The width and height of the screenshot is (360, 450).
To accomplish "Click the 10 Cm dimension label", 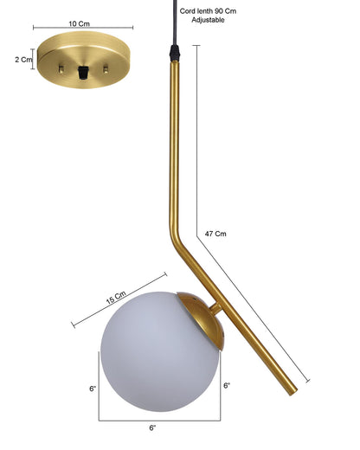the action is point(79,23).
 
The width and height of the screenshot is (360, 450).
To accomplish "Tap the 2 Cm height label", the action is point(23,60).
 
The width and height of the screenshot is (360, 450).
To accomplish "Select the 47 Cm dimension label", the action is point(215,234).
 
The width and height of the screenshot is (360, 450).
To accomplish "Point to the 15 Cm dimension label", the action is point(116,298).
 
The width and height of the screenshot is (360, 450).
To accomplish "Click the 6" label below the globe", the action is point(152,427).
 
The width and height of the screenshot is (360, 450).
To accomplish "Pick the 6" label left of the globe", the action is point(93,389).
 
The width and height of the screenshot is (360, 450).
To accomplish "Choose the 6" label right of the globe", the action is point(227,385).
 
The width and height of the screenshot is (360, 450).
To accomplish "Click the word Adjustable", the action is point(208,20).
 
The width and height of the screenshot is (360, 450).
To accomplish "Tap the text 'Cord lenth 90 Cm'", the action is point(208,11).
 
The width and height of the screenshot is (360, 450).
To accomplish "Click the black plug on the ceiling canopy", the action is point(83,73).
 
